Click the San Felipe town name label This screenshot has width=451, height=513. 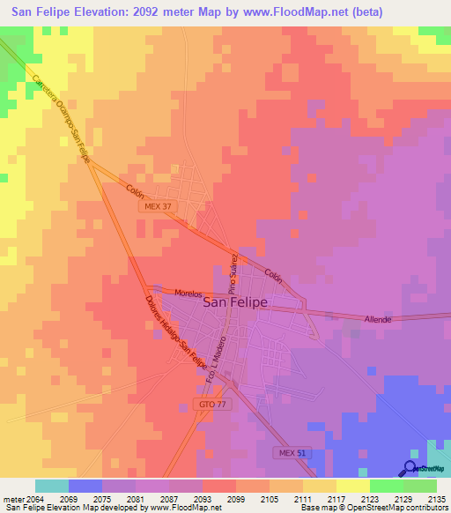tap(235, 301)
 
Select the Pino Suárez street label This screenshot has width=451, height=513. tap(233, 273)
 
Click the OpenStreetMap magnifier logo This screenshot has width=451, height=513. tap(410, 468)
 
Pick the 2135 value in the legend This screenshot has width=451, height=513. tap(436, 499)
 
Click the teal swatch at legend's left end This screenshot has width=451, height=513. tap(52, 486)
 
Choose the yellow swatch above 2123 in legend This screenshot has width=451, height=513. tap(353, 486)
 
